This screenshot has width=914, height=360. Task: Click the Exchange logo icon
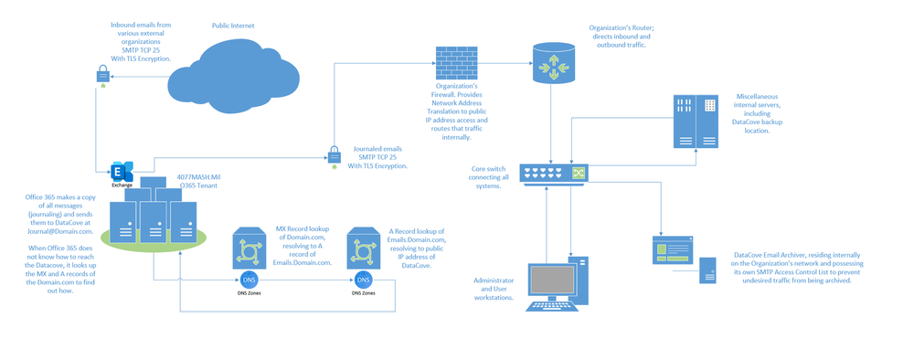pyautogui.click(x=122, y=171)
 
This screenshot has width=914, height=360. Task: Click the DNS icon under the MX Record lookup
pyautogui.click(x=248, y=280)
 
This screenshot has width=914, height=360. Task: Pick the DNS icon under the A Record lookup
pyautogui.click(x=363, y=280)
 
